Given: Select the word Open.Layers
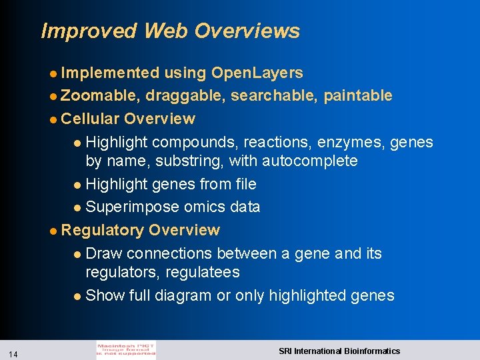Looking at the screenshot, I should tap(257, 73).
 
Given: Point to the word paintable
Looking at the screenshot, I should tap(358, 95).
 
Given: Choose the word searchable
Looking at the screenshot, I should tap(274, 95).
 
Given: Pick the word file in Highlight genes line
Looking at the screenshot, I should tap(243, 184).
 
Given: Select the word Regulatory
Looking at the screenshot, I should tap(102, 230).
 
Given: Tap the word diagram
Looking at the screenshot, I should tap(182, 295).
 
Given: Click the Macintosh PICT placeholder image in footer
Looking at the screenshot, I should tap(126, 350).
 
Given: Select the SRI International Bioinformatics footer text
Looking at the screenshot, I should tap(339, 351).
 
